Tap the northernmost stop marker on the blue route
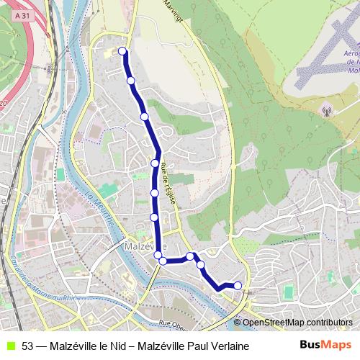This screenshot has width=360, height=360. click(122, 51)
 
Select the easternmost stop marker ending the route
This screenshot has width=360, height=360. click(238, 286)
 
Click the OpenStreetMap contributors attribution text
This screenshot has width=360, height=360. click(299, 323)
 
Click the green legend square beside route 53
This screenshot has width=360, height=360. click(10, 346)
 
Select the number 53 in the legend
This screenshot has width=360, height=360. click(27, 346)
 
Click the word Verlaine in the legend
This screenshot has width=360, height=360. click(230, 346)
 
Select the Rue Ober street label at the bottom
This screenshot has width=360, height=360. click(176, 324)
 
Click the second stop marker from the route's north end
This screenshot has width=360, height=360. click(131, 81)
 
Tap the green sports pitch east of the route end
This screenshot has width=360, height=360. click(289, 292)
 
